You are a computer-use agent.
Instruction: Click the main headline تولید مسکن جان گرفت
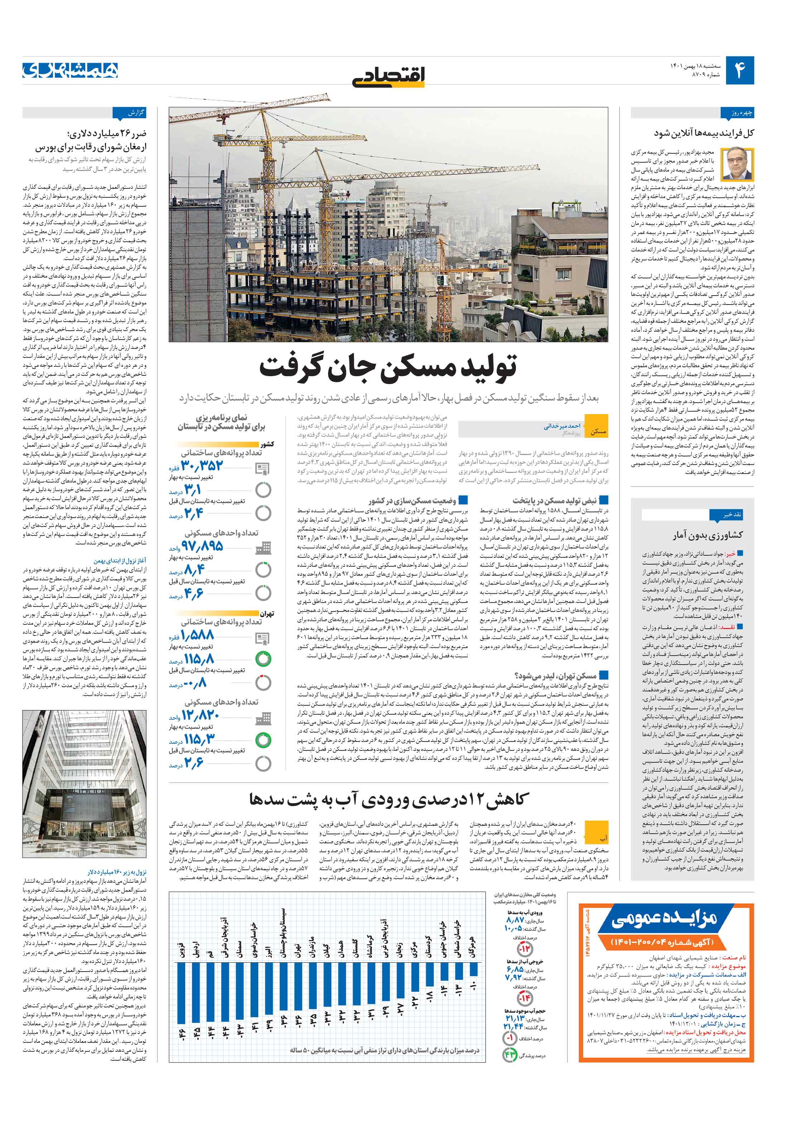click(x=388, y=367)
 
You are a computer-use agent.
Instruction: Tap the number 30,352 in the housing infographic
click(x=202, y=465)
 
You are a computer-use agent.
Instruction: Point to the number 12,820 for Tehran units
click(x=201, y=714)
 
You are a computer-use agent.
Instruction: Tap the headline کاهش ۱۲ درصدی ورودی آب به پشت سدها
click(x=388, y=799)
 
